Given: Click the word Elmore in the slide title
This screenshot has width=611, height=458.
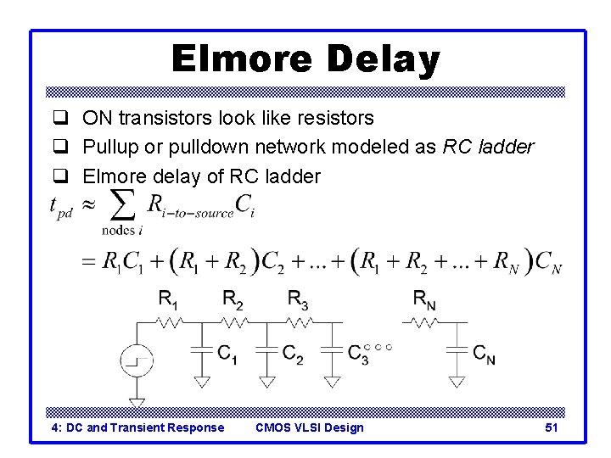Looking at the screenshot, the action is click(x=239, y=59).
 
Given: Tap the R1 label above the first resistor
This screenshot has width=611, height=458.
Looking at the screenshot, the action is click(x=169, y=298).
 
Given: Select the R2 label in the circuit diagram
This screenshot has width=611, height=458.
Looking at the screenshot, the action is click(x=233, y=298).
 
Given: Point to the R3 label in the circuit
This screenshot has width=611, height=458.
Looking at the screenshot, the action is click(x=298, y=298).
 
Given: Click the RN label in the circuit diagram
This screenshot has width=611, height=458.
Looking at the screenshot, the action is click(x=424, y=298).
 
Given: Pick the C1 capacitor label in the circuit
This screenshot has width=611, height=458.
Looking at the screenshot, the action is click(x=227, y=354).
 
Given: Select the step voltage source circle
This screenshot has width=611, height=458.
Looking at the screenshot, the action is click(x=136, y=361).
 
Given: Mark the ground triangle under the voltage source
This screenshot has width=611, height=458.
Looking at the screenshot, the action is click(x=136, y=403).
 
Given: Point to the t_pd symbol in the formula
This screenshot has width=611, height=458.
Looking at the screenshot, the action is click(x=61, y=208).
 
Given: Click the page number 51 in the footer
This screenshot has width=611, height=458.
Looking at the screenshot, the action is click(x=551, y=427).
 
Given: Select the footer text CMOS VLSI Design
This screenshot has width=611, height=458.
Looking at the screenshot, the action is click(x=309, y=427).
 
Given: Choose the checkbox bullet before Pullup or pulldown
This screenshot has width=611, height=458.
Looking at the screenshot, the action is click(x=60, y=147).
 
